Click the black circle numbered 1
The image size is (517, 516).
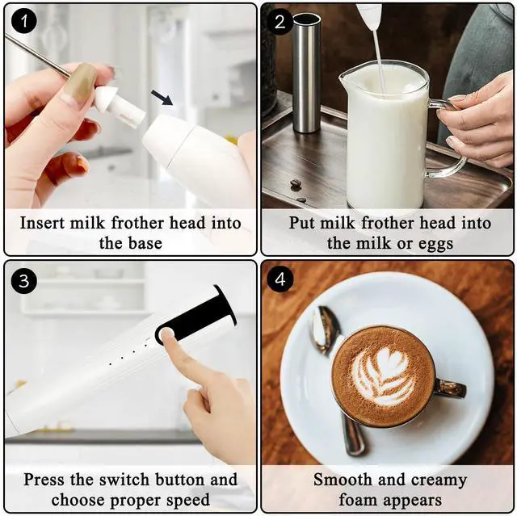pyautogui.click(x=23, y=22)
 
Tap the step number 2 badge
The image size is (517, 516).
pyautogui.click(x=280, y=22)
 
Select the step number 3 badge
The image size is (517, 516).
pyautogui.click(x=23, y=281)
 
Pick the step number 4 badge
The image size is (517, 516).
pyautogui.click(x=280, y=279)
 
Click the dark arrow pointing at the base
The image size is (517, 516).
pyautogui.click(x=162, y=98)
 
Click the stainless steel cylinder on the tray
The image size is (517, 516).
pyautogui.click(x=306, y=73)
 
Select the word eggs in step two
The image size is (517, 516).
pyautogui.click(x=435, y=245)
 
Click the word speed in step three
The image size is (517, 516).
pyautogui.click(x=188, y=501)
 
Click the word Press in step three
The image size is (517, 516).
pyautogui.click(x=44, y=480)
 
